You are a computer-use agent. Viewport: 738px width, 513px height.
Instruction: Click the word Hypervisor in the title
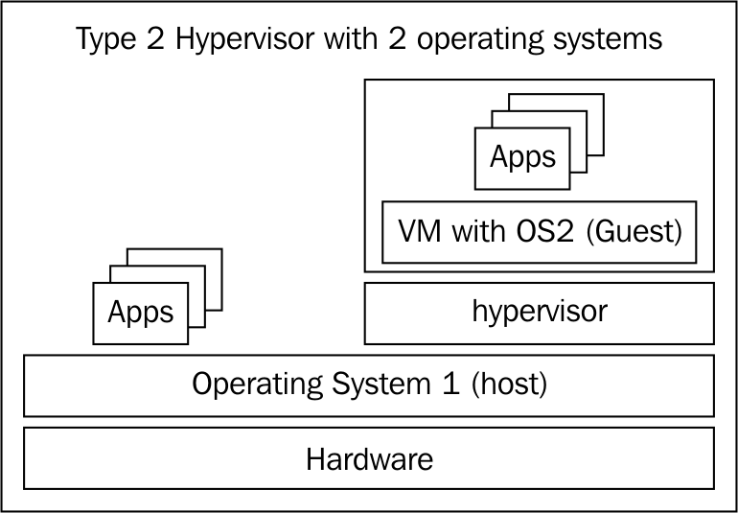click(x=244, y=38)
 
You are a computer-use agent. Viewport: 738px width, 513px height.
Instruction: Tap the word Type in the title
click(x=102, y=40)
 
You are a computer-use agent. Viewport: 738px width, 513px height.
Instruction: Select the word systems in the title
click(x=607, y=40)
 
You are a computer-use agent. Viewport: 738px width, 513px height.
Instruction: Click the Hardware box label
click(x=369, y=459)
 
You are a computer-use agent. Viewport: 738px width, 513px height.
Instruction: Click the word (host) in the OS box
click(x=509, y=385)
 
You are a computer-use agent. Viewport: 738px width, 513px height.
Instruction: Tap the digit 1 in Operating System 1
click(x=450, y=384)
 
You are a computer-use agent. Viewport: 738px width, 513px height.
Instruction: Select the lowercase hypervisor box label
click(x=540, y=313)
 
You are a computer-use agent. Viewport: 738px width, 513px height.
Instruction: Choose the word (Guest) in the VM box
click(x=634, y=232)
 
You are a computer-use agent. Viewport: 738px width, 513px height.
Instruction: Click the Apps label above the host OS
click(x=140, y=313)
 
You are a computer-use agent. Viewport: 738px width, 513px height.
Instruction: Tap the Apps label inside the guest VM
click(x=522, y=157)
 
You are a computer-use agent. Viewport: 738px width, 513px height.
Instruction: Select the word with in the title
click(x=354, y=39)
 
